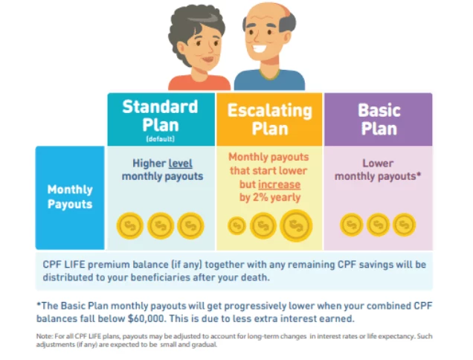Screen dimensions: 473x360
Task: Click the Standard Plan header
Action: click(161, 119)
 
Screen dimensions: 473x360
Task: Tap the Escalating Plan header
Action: click(269, 119)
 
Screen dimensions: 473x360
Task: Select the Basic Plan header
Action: click(379, 119)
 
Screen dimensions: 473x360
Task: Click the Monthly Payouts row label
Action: click(70, 198)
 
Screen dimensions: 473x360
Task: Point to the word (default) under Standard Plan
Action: click(160, 139)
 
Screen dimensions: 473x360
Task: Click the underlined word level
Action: click(181, 164)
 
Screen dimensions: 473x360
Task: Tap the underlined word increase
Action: click(280, 184)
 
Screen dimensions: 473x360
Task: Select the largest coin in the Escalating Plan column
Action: click(296, 225)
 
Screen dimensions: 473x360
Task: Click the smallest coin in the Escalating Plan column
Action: click(236, 225)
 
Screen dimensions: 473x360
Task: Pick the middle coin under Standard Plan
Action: click(161, 225)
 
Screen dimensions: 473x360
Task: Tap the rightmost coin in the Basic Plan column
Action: click(405, 225)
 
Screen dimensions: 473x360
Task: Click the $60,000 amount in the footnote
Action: click(147, 318)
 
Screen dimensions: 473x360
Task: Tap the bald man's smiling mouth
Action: click(260, 49)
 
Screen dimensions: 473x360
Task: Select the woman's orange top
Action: click(199, 83)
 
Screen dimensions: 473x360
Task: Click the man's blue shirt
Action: click(269, 81)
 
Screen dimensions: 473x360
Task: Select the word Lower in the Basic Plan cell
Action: click(378, 163)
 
